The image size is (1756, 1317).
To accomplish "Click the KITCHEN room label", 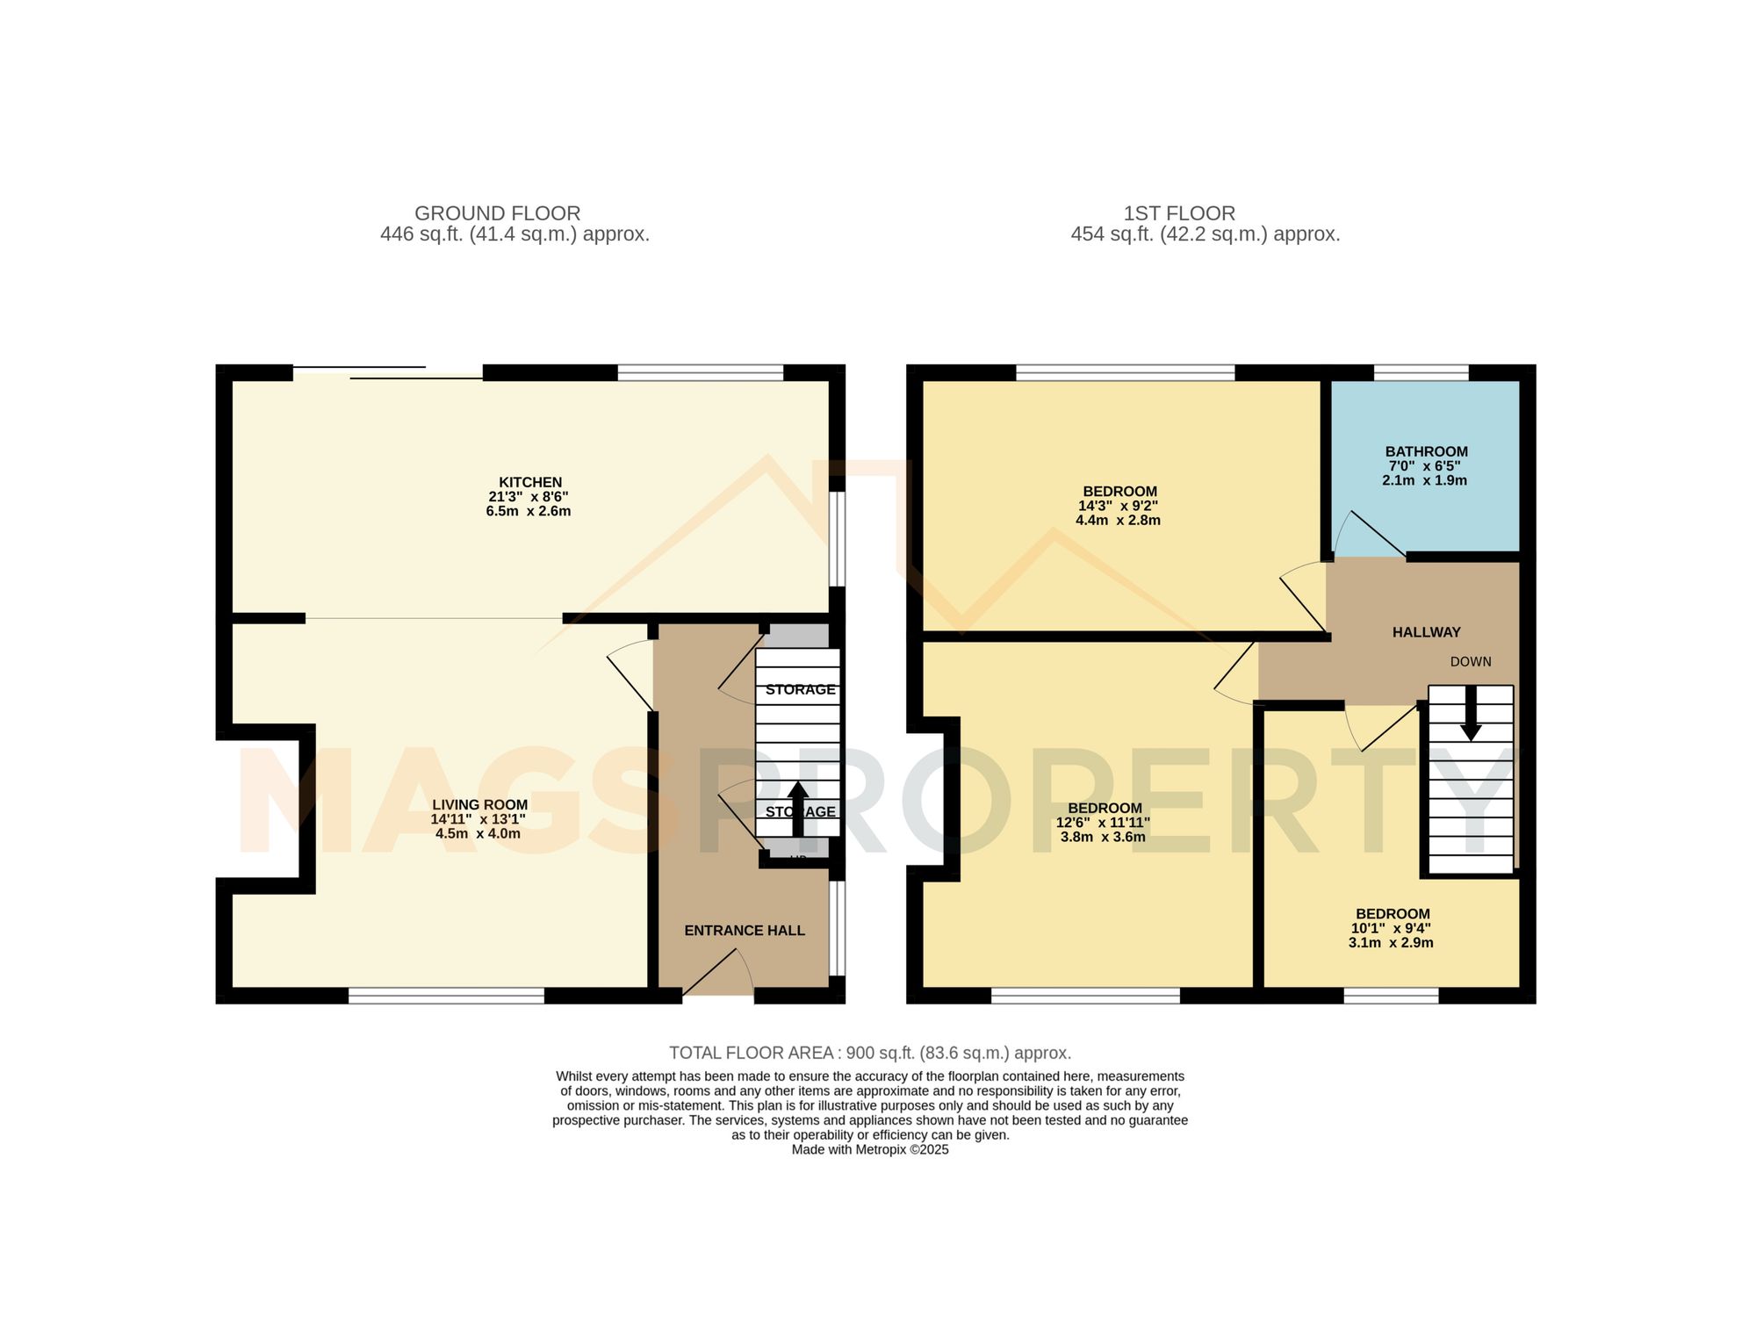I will click(x=530, y=482).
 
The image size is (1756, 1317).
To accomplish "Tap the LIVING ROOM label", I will click(x=479, y=804).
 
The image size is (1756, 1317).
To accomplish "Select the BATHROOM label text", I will click(x=1426, y=451).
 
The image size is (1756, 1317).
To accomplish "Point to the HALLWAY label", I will click(x=1426, y=632).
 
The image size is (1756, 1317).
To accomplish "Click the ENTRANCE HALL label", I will click(x=745, y=931).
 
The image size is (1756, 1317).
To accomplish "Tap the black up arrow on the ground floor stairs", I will click(x=798, y=808).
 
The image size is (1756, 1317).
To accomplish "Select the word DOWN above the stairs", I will click(x=1471, y=662).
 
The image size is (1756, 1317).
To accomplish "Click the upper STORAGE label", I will click(x=800, y=690).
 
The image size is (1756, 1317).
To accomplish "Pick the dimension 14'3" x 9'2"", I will click(x=1118, y=506).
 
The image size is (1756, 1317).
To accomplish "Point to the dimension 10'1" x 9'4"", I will click(x=1391, y=928).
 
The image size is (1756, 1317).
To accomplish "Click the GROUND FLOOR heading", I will click(x=497, y=213).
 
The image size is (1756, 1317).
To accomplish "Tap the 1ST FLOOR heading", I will click(x=1179, y=213).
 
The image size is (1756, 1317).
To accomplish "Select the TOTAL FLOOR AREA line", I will click(x=869, y=1053).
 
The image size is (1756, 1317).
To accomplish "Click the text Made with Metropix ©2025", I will click(x=869, y=1149).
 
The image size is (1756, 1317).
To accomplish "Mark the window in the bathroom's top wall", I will click(x=1421, y=372).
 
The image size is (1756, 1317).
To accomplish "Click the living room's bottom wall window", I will click(x=446, y=995).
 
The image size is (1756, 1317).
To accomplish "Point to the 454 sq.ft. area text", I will click(x=1205, y=234).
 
